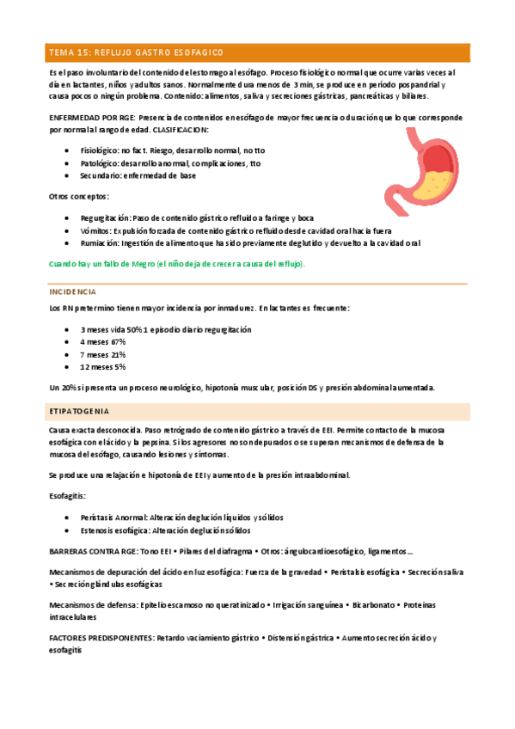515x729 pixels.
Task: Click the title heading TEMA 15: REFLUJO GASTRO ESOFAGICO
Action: click(x=131, y=53)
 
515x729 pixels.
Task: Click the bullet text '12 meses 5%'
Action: click(x=104, y=366)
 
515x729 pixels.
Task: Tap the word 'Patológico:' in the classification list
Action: click(x=100, y=163)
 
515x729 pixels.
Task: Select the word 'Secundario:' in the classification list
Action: click(x=101, y=175)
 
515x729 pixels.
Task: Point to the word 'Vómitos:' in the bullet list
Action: click(x=96, y=231)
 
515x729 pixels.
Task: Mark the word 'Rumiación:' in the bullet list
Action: click(x=101, y=243)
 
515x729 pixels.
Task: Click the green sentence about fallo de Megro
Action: click(x=177, y=263)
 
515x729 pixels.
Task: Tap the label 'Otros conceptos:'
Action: click(x=78, y=198)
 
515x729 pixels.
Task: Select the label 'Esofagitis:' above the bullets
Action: click(x=68, y=496)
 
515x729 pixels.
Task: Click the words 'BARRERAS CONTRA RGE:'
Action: click(x=92, y=551)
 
